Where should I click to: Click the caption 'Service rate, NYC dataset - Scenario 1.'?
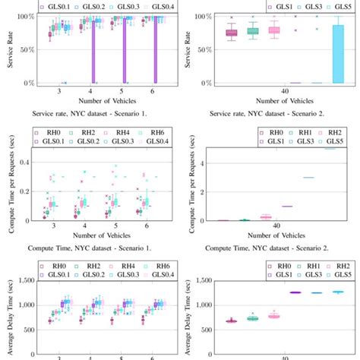click(x=93, y=115)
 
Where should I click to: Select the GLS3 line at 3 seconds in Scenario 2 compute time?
click(x=308, y=178)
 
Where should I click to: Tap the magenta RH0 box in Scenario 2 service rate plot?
click(x=232, y=33)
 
